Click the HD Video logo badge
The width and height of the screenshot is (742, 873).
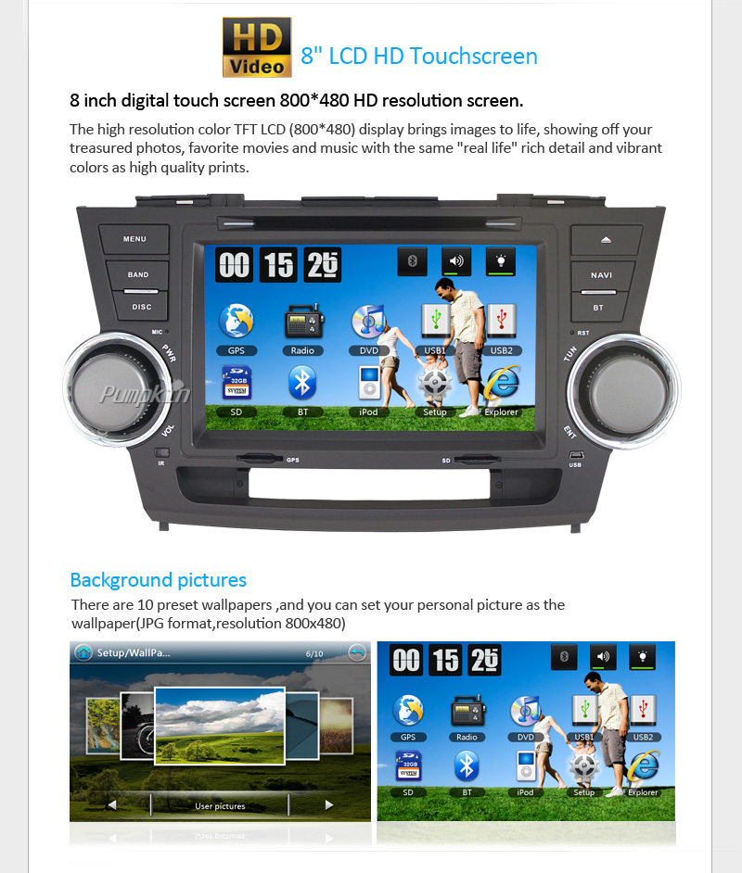(257, 47)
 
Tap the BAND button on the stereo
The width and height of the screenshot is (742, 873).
(137, 275)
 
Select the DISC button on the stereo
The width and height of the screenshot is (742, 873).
(142, 307)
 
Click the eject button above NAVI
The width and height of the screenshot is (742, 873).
(606, 240)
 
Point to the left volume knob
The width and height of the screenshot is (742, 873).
(116, 390)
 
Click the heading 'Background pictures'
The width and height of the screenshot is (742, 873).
(159, 580)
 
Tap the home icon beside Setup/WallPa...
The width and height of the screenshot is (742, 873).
(83, 652)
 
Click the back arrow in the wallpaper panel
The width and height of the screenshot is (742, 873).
(357, 652)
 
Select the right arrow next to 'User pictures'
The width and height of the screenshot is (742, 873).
(329, 805)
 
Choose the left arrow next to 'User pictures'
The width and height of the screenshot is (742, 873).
(112, 805)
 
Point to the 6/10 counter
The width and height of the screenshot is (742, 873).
(314, 653)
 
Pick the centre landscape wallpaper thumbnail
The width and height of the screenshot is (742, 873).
(220, 726)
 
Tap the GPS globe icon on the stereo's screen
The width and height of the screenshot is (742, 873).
(237, 322)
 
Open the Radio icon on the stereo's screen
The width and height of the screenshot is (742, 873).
(302, 322)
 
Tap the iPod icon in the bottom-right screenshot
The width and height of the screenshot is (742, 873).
(525, 766)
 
